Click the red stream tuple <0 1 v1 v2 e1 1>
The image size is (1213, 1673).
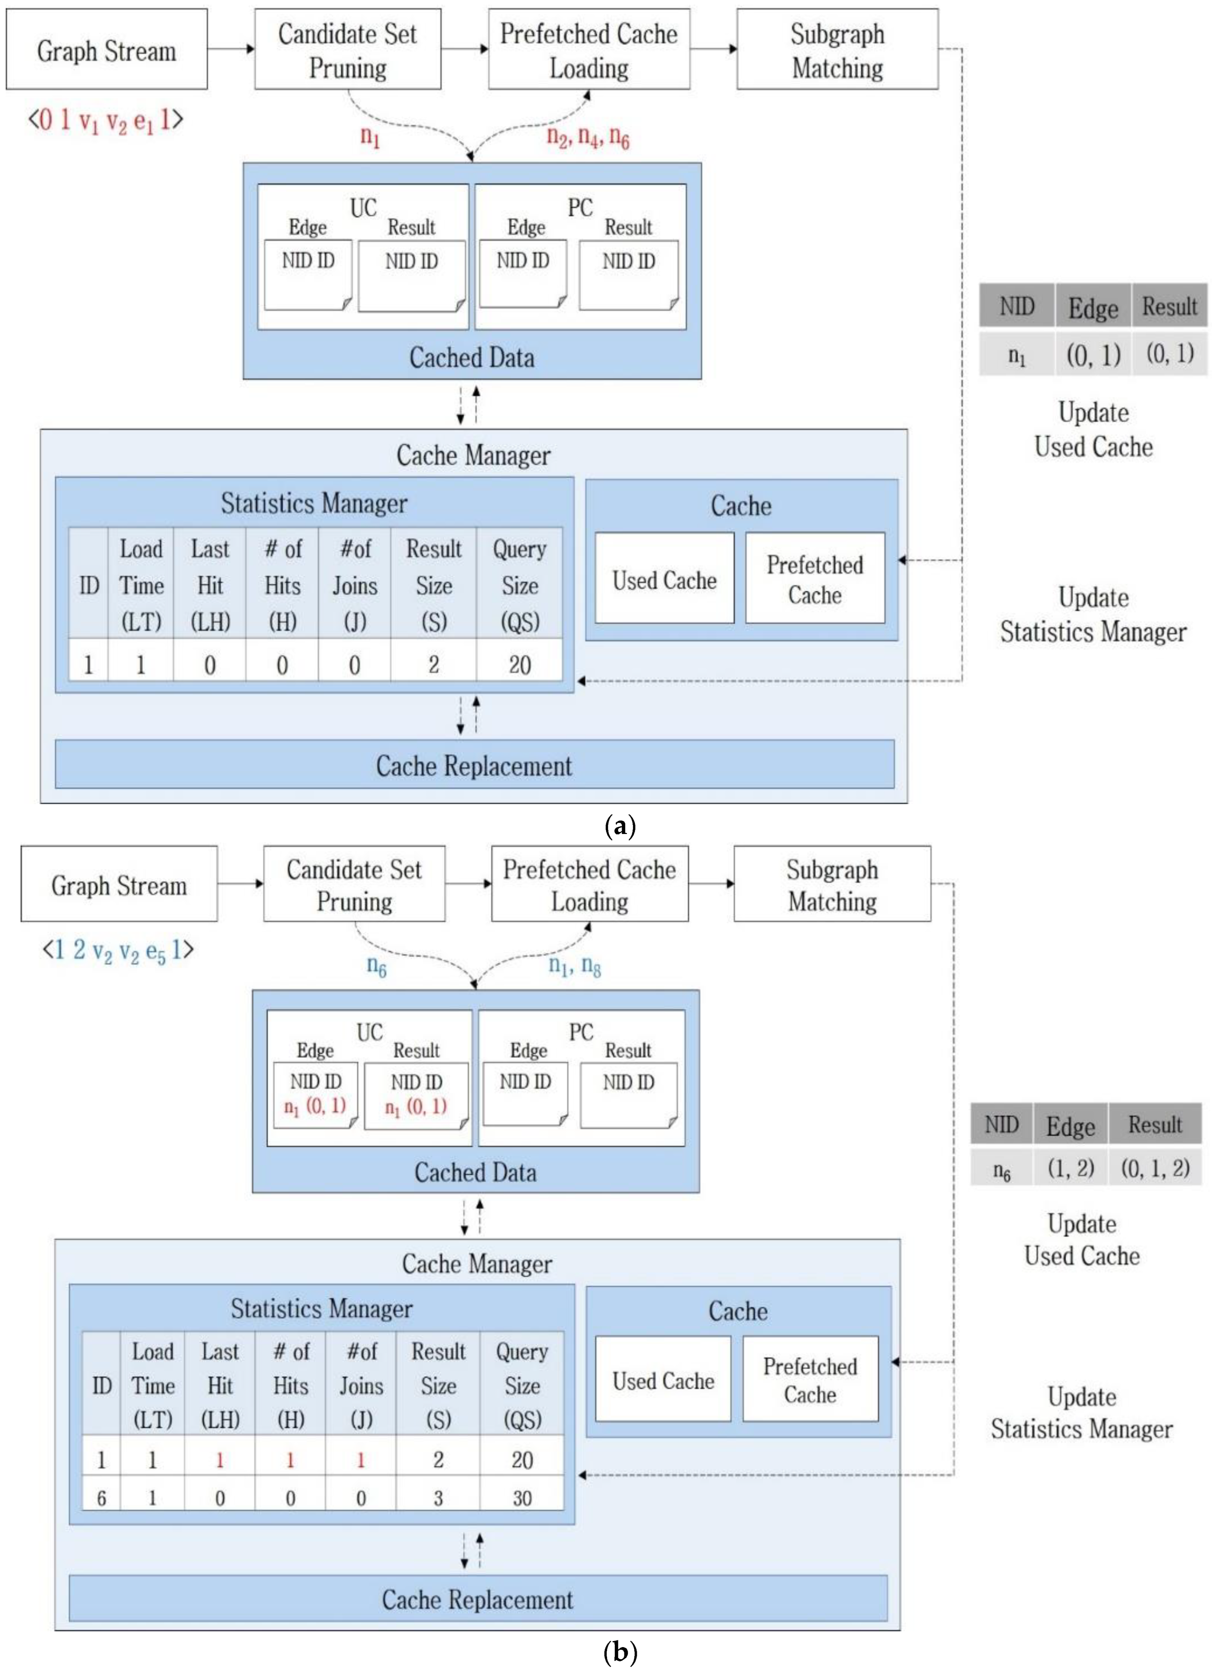pyautogui.click(x=106, y=119)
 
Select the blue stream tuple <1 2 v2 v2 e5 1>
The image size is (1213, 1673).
pyautogui.click(x=118, y=950)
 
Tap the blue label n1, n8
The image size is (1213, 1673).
pyautogui.click(x=574, y=965)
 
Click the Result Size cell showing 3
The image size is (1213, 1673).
pyautogui.click(x=438, y=1498)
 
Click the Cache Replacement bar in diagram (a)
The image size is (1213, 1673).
pyautogui.click(x=474, y=765)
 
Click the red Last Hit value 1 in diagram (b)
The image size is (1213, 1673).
pyautogui.click(x=220, y=1460)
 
